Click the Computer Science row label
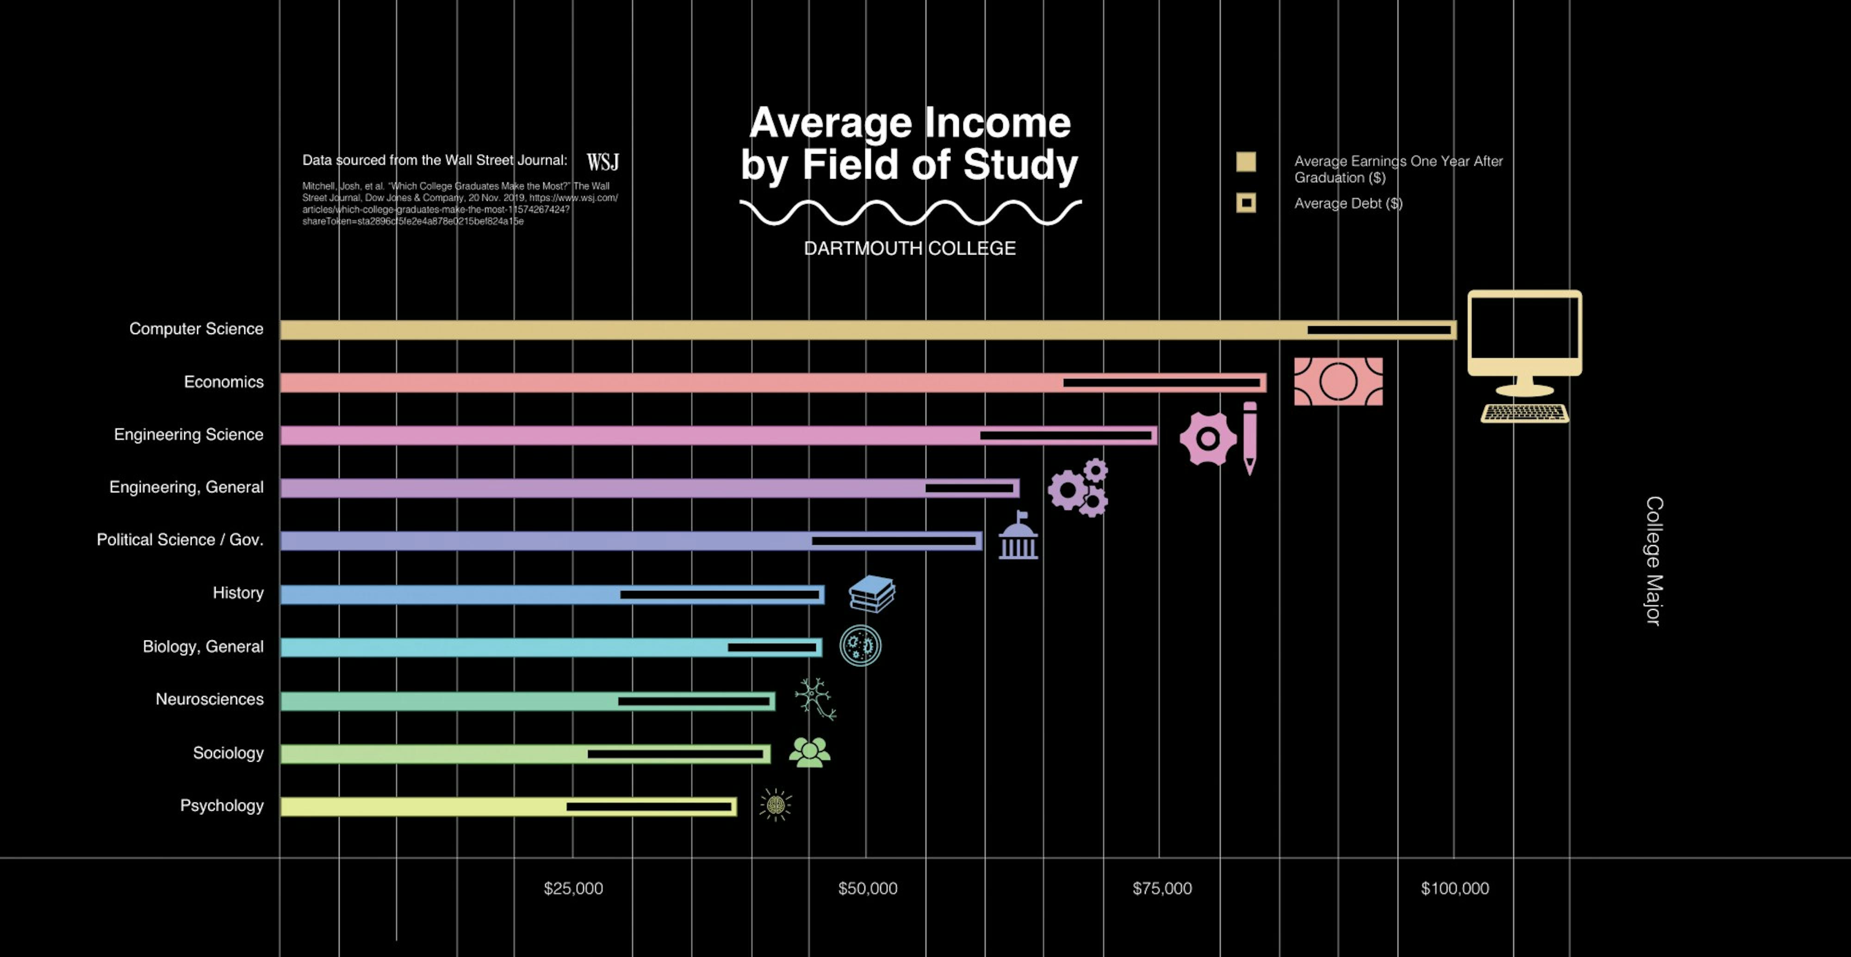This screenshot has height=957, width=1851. tap(196, 329)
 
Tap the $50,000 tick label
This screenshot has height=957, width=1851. tap(867, 889)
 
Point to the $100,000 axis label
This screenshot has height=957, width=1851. tap(1454, 889)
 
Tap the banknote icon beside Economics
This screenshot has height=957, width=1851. tap(1338, 381)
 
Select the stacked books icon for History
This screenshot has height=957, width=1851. tap(872, 593)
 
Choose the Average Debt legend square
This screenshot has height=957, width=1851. tap(1246, 203)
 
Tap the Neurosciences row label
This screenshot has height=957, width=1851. tap(209, 700)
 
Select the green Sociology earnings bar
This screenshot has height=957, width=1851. tap(431, 754)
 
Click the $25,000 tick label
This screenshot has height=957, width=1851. tap(573, 889)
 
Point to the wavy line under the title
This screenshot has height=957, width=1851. tap(910, 213)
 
